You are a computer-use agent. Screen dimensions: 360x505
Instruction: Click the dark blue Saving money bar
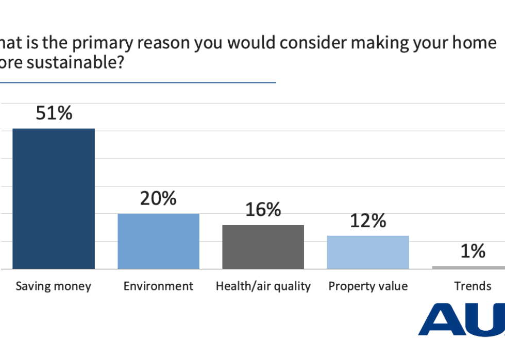pos(54,198)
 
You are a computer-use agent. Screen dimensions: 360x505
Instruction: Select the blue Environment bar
pos(159,241)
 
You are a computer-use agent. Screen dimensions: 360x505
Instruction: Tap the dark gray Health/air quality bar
pos(263,247)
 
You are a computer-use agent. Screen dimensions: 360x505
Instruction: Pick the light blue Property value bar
pos(368,252)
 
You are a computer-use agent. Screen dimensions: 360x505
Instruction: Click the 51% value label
pos(54,113)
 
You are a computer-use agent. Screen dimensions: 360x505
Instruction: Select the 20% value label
pos(159,198)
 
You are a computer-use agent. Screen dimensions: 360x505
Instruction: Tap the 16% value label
pos(263,210)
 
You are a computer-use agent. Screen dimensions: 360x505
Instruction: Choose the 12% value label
pos(368,221)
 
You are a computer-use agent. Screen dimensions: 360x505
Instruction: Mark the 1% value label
pos(473,251)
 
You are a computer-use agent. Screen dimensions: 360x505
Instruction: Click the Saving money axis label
pos(54,286)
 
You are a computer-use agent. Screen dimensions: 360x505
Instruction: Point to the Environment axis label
pos(159,286)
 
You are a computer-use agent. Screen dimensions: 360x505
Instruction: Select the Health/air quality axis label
pos(263,286)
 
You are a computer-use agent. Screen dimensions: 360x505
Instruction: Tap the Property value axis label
pos(368,286)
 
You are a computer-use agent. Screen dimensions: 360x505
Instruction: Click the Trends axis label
pos(473,286)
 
